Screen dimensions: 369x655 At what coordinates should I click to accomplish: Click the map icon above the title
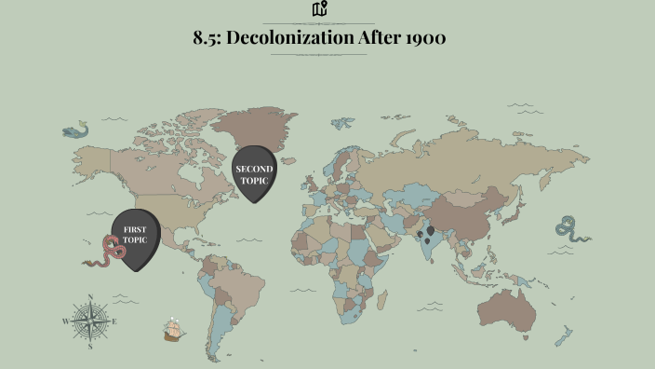(x=320, y=9)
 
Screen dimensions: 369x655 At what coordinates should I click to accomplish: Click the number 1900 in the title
(x=421, y=38)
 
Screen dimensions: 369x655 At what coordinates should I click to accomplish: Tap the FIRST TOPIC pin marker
(x=135, y=237)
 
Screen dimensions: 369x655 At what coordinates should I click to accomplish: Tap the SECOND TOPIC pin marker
(x=257, y=171)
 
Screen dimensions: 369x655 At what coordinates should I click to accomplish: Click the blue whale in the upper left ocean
(x=75, y=131)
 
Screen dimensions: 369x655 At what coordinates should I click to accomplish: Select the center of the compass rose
(x=90, y=321)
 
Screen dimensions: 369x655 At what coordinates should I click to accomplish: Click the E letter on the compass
(x=114, y=321)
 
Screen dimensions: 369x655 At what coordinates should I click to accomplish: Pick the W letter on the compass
(x=66, y=321)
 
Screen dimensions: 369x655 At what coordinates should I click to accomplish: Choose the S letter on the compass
(x=90, y=346)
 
